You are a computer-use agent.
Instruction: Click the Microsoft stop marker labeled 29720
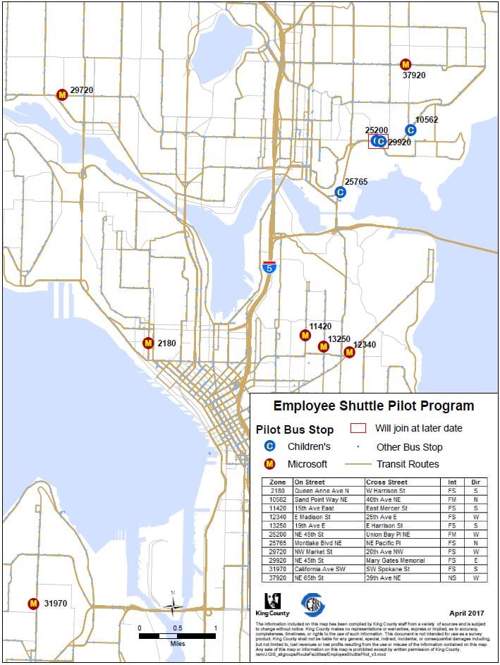(62, 94)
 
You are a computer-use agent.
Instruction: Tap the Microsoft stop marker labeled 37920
(405, 64)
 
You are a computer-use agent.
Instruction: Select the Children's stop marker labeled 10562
(410, 130)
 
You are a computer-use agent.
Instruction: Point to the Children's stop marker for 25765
(340, 192)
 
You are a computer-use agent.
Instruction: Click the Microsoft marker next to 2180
(148, 343)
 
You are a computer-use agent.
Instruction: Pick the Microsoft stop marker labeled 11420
(305, 336)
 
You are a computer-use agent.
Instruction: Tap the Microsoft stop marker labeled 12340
(348, 352)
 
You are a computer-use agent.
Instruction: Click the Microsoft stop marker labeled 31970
(32, 604)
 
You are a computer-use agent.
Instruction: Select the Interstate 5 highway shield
(269, 267)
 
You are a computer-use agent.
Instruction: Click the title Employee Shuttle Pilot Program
(374, 406)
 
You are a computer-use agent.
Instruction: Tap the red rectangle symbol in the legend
(359, 428)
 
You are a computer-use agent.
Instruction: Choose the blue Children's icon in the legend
(269, 446)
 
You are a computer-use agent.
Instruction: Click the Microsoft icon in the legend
(269, 464)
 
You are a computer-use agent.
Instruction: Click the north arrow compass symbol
(173, 604)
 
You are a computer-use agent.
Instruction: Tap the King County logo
(272, 603)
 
